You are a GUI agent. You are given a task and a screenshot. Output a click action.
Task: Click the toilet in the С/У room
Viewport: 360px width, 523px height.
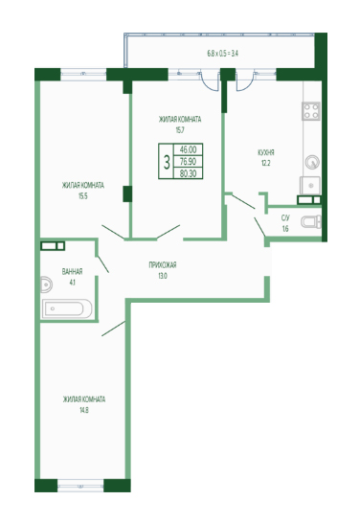coord(311,221)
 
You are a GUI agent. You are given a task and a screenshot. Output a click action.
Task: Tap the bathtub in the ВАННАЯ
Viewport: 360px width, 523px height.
coord(67,308)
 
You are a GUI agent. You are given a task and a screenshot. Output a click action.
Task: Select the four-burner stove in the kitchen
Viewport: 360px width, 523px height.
coord(311,111)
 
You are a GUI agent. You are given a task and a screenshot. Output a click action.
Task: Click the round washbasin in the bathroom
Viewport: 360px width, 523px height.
coord(46,285)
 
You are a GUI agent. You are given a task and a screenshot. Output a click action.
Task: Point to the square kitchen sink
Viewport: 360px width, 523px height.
coord(310,186)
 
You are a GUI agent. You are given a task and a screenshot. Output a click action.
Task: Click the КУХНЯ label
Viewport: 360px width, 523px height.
coord(266,152)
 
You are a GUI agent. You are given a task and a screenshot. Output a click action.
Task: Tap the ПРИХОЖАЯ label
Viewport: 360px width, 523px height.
coord(163,265)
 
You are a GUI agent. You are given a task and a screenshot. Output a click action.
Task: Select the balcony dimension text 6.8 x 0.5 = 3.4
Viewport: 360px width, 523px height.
coord(223,54)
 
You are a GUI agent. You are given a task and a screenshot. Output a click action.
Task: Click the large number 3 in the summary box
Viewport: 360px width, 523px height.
coord(167,162)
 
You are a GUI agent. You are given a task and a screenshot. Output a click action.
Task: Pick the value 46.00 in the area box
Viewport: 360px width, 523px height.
coord(188,149)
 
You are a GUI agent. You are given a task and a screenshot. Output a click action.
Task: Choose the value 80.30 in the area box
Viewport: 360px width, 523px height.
coord(188,173)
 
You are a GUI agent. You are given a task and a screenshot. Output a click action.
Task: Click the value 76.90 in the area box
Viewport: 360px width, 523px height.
coord(188,162)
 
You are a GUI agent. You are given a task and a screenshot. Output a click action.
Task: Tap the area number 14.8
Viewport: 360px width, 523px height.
coord(83,410)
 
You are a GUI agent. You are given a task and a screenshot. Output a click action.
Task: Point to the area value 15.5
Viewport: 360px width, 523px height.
coord(83,196)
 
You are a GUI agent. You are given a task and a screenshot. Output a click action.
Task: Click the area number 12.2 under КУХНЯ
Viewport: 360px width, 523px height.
coord(265,164)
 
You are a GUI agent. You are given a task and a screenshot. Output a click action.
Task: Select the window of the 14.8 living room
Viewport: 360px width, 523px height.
coord(80,486)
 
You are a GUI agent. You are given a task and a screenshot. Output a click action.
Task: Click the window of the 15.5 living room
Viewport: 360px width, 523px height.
coord(83,75)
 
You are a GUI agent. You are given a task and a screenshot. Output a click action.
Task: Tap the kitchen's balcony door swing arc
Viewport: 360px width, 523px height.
coord(246,85)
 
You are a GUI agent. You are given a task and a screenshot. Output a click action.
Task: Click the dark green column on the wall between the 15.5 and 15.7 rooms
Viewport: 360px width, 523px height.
coord(127,194)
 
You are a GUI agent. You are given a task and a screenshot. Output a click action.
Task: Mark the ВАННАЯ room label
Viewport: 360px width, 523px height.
coord(72,271)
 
